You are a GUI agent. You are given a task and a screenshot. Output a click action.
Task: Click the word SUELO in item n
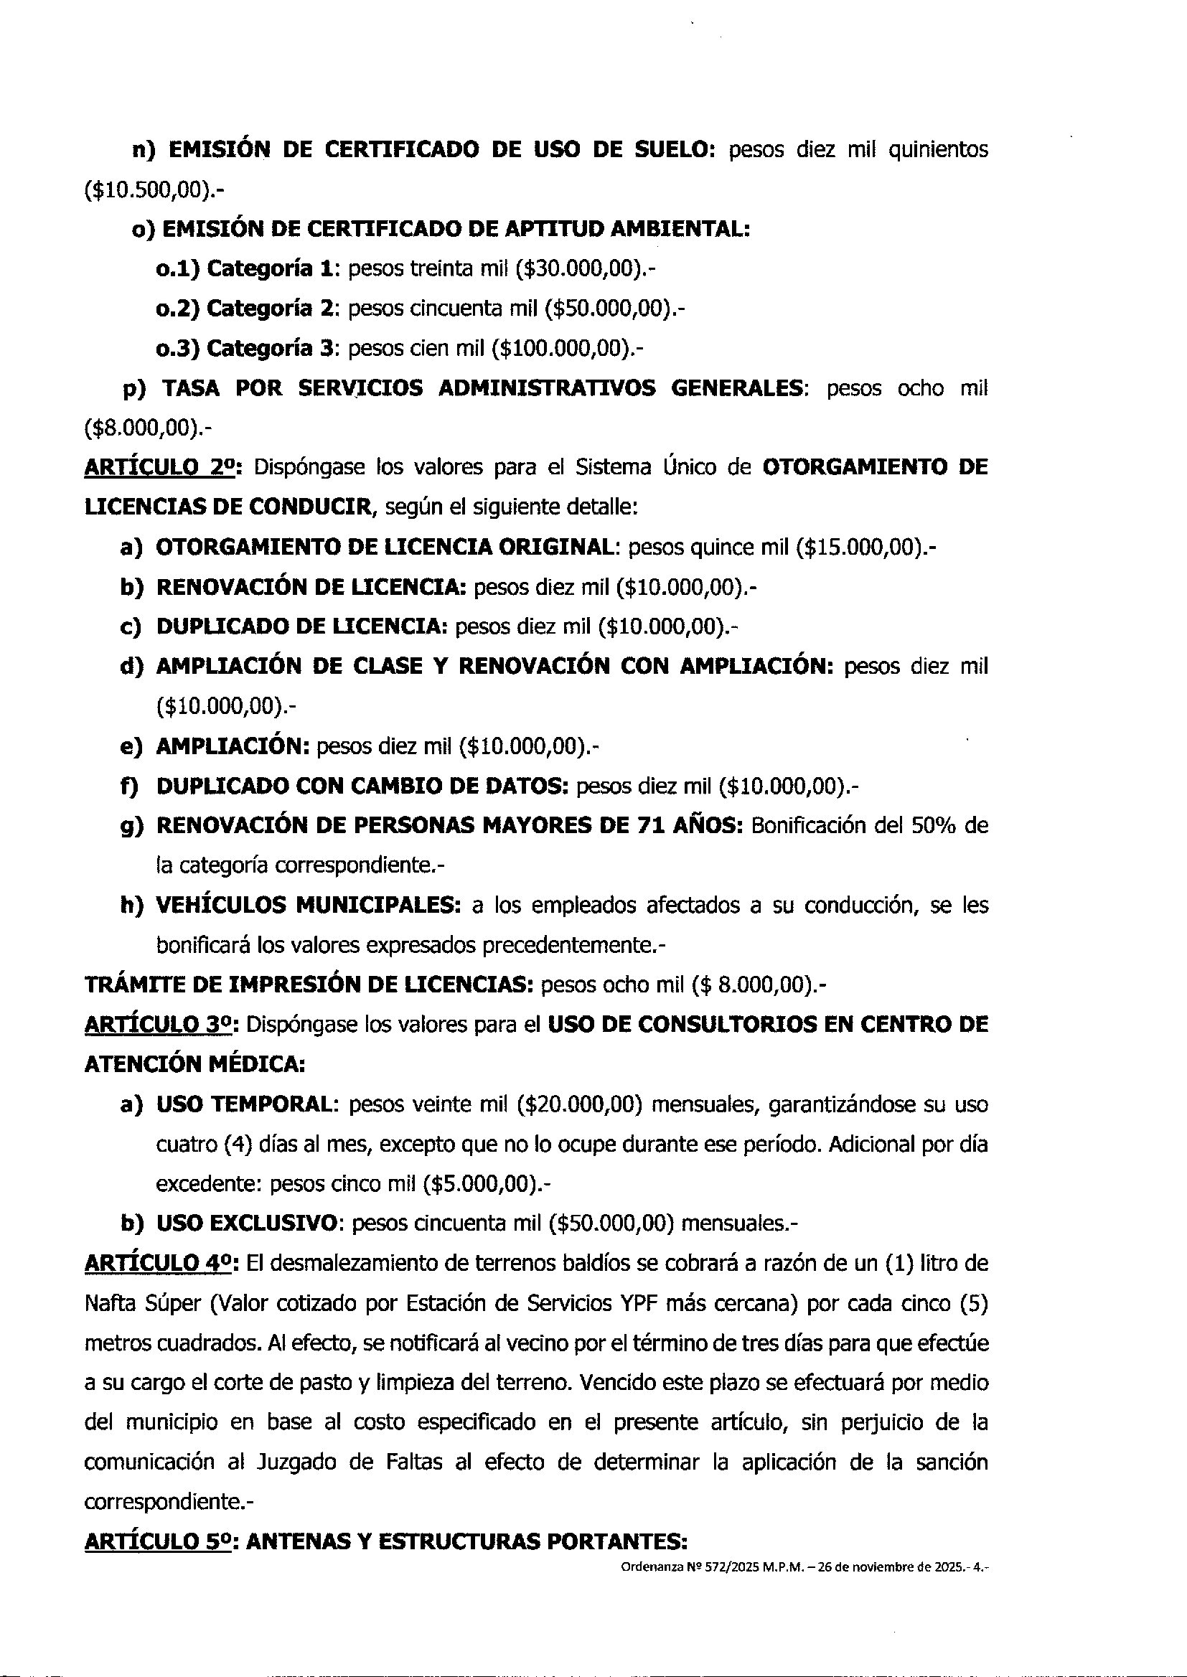[x=667, y=150]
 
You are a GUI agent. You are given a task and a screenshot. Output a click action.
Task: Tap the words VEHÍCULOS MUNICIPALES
[x=308, y=906]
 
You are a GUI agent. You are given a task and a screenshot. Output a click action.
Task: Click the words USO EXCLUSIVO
[x=248, y=1224]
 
